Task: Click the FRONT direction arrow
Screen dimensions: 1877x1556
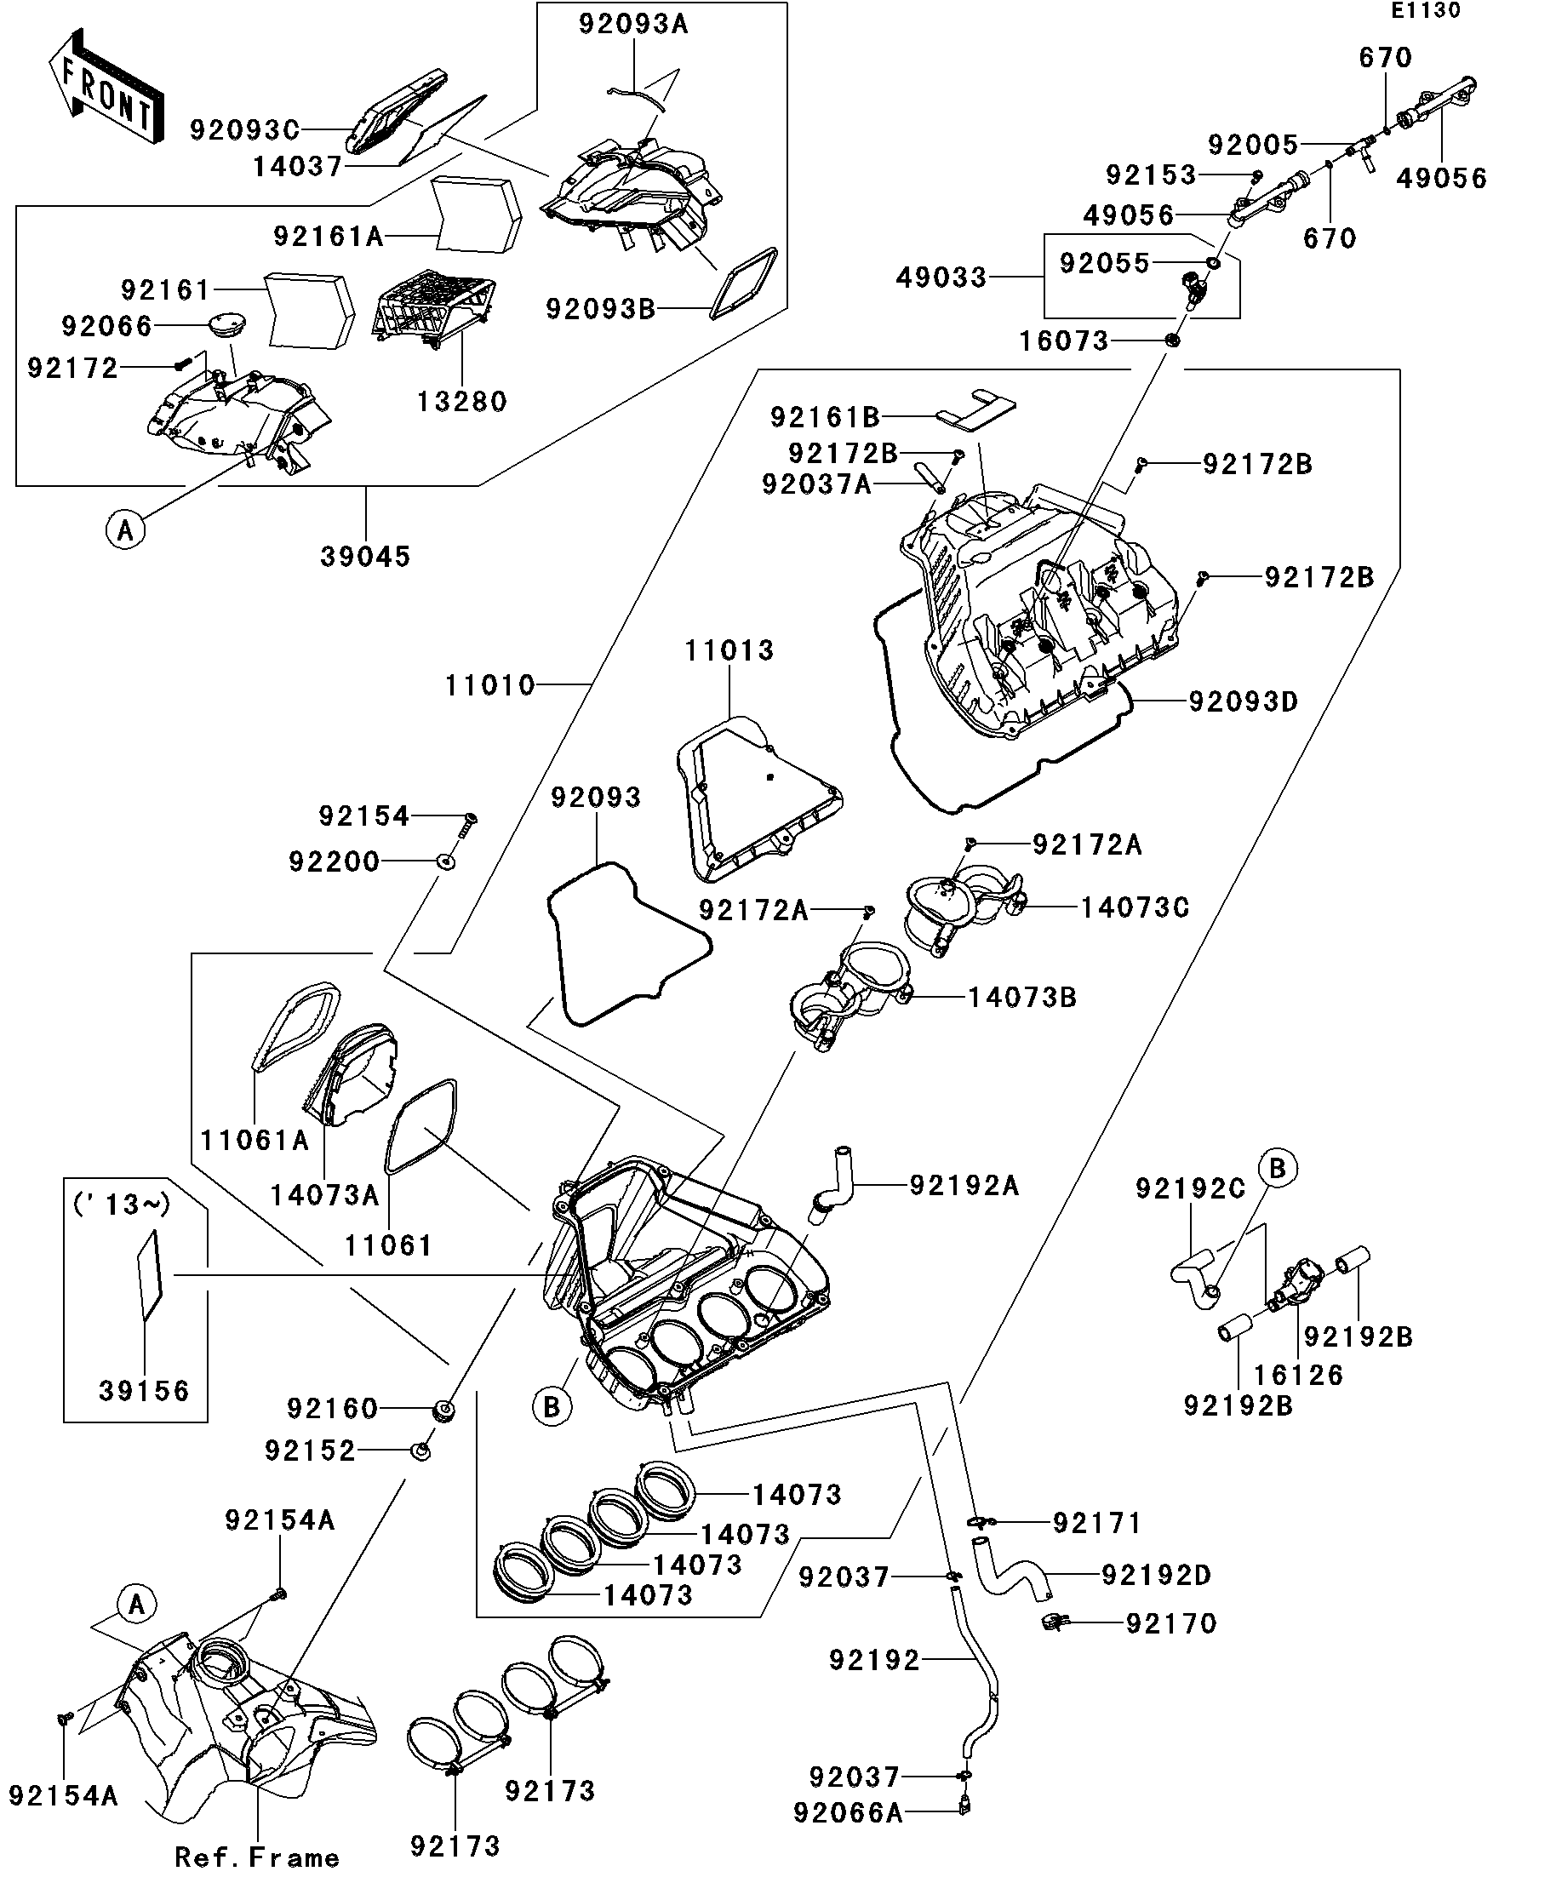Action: coord(106,88)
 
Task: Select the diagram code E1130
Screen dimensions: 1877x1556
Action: coord(1426,11)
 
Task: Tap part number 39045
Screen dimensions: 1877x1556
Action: coord(365,557)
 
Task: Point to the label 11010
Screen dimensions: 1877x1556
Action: coord(489,685)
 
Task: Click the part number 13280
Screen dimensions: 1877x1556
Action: coord(462,401)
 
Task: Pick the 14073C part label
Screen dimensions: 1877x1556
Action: coord(1135,907)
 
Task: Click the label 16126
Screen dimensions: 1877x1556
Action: coord(1299,1375)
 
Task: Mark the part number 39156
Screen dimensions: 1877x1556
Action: coord(144,1391)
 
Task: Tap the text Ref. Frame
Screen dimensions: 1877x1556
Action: coord(257,1857)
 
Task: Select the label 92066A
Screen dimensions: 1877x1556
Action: coord(848,1812)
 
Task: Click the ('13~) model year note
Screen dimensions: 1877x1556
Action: coord(121,1204)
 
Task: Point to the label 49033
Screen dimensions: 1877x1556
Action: coord(941,278)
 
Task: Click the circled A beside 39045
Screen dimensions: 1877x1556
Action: coord(125,530)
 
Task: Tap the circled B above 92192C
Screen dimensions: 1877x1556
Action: coord(1277,1167)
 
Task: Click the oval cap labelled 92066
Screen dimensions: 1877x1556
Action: coord(226,323)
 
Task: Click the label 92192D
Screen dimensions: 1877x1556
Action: coord(1157,1575)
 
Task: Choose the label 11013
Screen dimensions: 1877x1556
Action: coord(729,650)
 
